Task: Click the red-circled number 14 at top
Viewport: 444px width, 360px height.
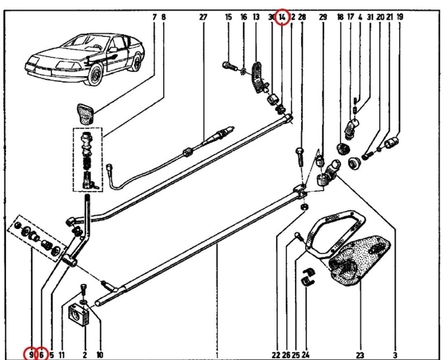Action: click(x=282, y=17)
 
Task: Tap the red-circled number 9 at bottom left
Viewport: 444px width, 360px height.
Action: click(x=30, y=353)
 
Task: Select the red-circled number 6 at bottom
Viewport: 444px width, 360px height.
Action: click(x=42, y=353)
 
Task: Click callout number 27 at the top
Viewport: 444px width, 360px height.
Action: click(x=203, y=17)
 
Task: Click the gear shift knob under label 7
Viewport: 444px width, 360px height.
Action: click(x=86, y=113)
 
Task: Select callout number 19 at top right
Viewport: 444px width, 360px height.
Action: click(x=400, y=17)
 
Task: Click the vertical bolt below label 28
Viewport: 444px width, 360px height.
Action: click(x=300, y=156)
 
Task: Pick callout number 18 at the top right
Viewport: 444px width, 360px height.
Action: click(x=340, y=17)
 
